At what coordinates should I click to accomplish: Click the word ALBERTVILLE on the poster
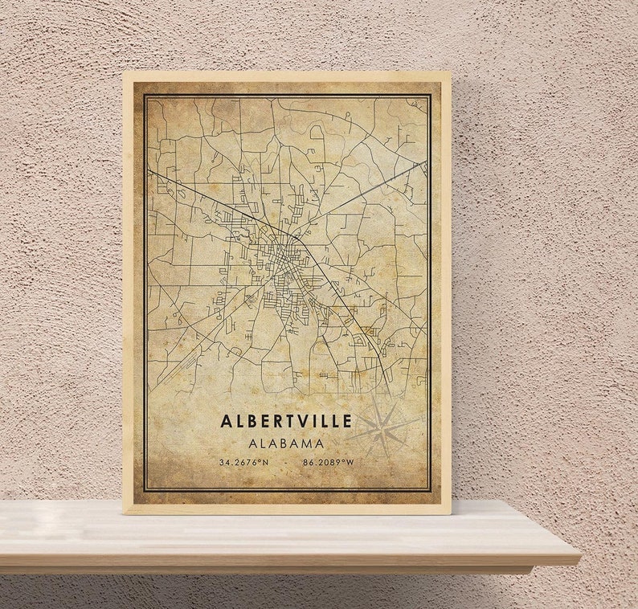[x=286, y=422]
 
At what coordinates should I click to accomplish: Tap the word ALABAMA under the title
[x=286, y=443]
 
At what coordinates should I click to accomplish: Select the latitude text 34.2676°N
[x=243, y=462]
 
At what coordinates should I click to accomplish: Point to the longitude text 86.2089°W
[x=329, y=462]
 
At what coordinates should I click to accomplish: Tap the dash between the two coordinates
[x=286, y=462]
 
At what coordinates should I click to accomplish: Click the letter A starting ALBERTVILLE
[x=226, y=422]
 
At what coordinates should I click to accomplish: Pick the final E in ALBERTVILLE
[x=346, y=422]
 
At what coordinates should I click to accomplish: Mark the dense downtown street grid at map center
[x=281, y=265]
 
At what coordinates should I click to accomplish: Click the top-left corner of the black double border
[x=145, y=95]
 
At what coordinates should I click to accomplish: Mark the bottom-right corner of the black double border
[x=431, y=491]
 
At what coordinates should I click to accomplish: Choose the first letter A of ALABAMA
[x=251, y=443]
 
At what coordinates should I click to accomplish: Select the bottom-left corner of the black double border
[x=145, y=491]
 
